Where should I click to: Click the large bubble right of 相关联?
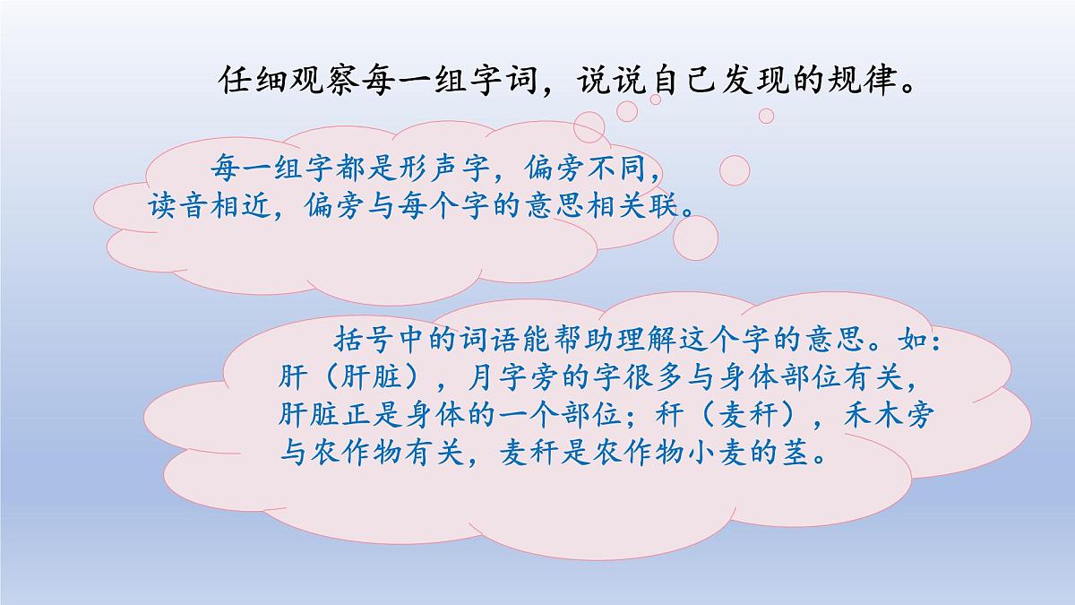(695, 237)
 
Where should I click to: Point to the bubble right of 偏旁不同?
(735, 170)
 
